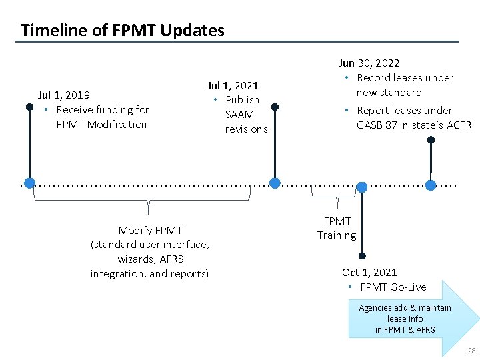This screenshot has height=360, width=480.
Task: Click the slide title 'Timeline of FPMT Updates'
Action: click(x=122, y=30)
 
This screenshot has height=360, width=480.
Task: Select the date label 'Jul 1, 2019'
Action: click(x=64, y=95)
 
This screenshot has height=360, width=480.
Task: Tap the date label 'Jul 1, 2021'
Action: click(x=233, y=85)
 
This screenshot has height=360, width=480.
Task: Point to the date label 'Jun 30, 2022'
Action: click(x=369, y=63)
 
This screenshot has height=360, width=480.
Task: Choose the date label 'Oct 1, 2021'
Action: click(x=369, y=272)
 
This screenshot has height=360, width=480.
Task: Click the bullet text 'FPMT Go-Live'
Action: click(x=393, y=287)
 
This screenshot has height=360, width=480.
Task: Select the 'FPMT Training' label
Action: click(x=337, y=228)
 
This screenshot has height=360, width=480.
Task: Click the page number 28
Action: click(x=471, y=351)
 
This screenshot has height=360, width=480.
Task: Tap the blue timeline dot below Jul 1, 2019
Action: click(x=29, y=183)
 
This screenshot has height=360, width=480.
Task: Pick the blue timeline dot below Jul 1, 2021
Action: click(x=275, y=183)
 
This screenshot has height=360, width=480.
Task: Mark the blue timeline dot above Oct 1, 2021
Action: click(x=361, y=187)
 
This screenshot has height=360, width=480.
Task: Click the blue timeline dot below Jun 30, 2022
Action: click(x=431, y=185)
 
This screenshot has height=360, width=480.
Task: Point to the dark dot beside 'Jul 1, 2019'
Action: click(x=29, y=106)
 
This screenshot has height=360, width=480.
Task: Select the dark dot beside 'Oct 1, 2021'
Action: click(x=361, y=255)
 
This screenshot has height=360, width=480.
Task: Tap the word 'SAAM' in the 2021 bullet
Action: click(x=239, y=115)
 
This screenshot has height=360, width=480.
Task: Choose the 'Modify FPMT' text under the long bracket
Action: click(x=150, y=230)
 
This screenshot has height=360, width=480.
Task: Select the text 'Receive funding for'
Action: click(x=102, y=109)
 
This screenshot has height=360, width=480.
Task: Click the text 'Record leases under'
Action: click(x=405, y=78)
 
